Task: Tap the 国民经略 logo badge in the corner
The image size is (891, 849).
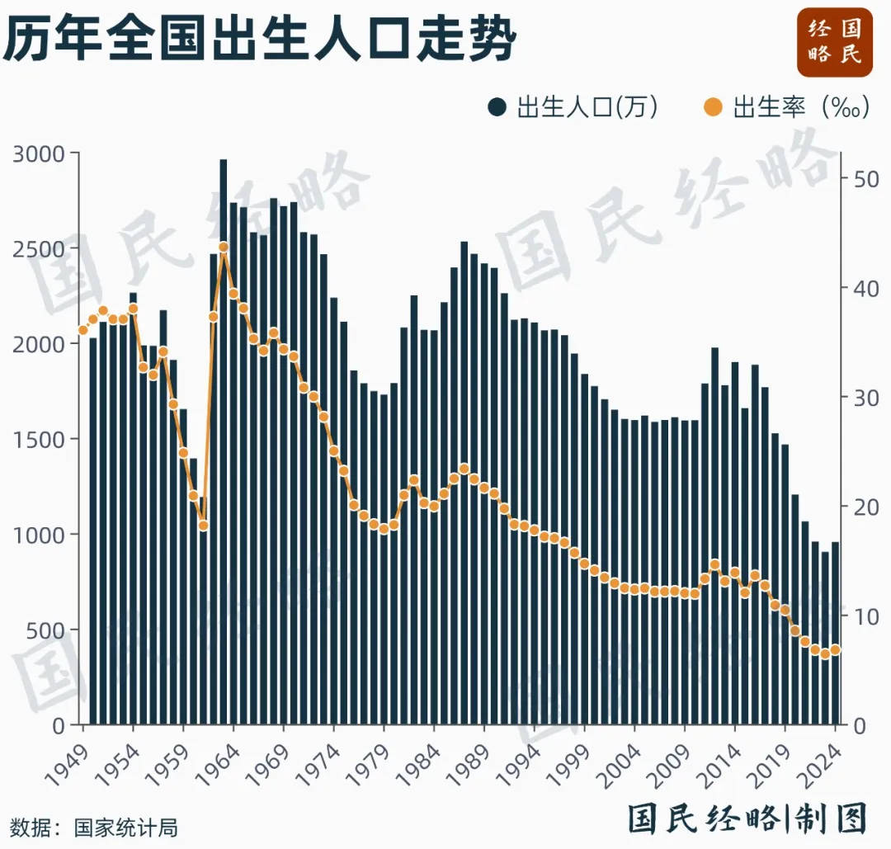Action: tap(834, 42)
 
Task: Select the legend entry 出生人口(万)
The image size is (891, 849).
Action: tap(573, 107)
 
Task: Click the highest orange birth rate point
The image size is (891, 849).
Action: tap(224, 247)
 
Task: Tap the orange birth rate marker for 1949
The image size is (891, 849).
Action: tap(82, 330)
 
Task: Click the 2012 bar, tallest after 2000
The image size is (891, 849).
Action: tap(715, 536)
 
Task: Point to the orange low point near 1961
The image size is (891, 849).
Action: tap(204, 526)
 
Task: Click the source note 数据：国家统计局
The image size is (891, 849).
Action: tap(93, 827)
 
